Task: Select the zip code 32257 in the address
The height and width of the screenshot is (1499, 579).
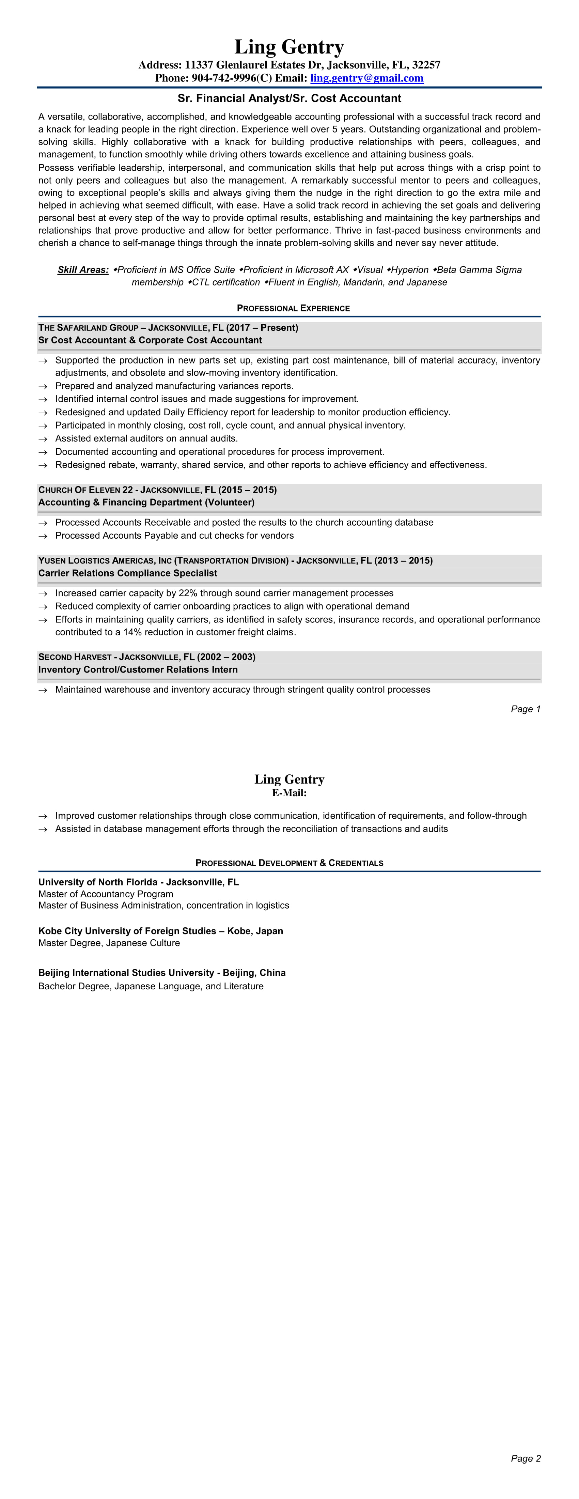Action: tap(426, 65)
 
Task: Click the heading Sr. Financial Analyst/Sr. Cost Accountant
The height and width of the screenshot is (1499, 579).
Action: tap(289, 98)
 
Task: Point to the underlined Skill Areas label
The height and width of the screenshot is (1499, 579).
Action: tap(83, 269)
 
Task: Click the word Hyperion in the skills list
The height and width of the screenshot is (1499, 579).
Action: tap(410, 269)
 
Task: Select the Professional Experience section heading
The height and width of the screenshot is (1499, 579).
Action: tap(293, 308)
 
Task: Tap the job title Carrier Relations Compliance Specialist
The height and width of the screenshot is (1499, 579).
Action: tap(127, 573)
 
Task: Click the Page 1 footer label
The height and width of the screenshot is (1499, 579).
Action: tap(526, 709)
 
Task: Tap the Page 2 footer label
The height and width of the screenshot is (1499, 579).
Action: tap(526, 1458)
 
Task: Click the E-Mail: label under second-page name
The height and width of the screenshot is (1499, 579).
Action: tap(289, 792)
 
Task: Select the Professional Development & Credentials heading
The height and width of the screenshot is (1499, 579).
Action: tap(289, 863)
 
